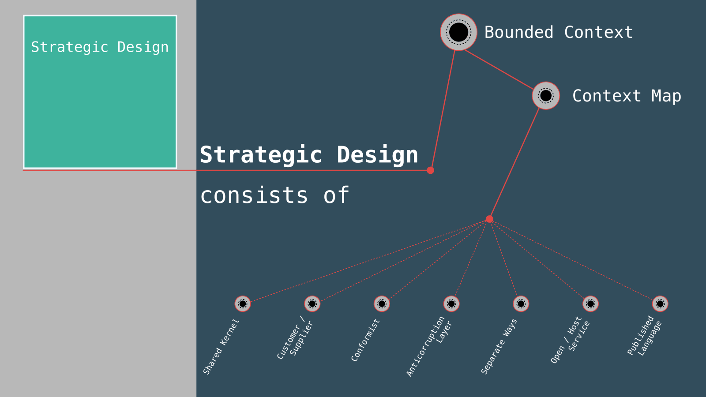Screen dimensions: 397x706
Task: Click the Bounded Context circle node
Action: [x=458, y=32]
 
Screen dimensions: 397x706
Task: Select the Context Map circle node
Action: [x=546, y=95]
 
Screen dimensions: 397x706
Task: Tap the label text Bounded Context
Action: [x=558, y=32]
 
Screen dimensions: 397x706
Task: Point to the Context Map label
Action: [x=626, y=96]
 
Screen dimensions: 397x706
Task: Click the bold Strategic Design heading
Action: [x=308, y=155]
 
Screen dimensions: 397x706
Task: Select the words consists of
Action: [x=274, y=195]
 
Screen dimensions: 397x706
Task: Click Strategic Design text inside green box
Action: [x=100, y=47]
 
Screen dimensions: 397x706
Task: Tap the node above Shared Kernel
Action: [x=243, y=303]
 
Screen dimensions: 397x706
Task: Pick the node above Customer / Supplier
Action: [x=312, y=303]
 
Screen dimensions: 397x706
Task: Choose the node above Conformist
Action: [x=382, y=303]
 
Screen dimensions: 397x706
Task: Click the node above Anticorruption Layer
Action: [x=451, y=303]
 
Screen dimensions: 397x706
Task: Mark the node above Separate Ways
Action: [x=521, y=303]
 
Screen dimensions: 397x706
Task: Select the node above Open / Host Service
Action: [x=590, y=303]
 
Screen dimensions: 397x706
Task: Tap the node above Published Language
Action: [x=660, y=303]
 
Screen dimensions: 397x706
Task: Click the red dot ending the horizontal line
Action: [x=430, y=170]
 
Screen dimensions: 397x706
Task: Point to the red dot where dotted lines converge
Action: [x=489, y=219]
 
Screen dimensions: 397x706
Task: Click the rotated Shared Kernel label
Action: [x=221, y=347]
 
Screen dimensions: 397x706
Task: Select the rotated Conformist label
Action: [x=365, y=340]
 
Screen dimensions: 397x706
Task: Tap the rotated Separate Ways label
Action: [x=499, y=347]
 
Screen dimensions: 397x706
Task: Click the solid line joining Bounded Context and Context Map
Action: [x=499, y=69]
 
